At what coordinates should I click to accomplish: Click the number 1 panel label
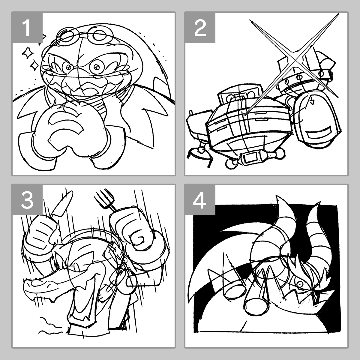(x=27, y=28)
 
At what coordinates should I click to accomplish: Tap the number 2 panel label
(x=200, y=28)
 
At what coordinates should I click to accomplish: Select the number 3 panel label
(x=27, y=200)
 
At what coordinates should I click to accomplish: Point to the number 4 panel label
(x=200, y=200)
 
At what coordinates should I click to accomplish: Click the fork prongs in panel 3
(x=104, y=198)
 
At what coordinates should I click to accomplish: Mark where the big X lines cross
(x=295, y=60)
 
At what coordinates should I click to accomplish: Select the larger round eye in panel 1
(x=96, y=67)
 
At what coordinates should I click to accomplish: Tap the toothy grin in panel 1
(x=82, y=88)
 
